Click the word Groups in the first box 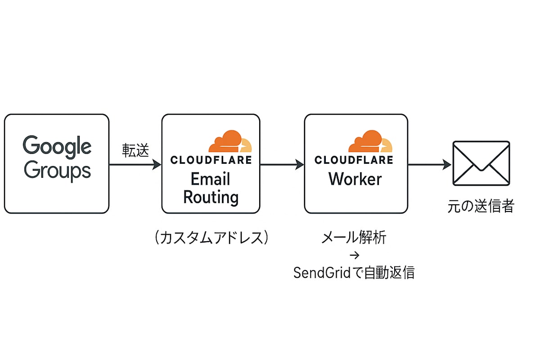tap(57, 171)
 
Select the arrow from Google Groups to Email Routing tap(135, 165)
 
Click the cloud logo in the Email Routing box tap(230, 141)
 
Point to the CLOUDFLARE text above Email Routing tap(211, 160)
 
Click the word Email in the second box tap(211, 179)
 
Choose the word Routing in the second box tap(211, 197)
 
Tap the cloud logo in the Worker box tap(370, 141)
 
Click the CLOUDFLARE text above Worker tap(354, 160)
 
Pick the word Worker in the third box tap(355, 179)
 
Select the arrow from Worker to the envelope tap(430, 165)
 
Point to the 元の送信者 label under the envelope tap(481, 207)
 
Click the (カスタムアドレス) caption tap(211, 237)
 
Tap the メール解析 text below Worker tap(354, 238)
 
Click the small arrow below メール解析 tap(354, 256)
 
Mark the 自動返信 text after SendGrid tap(389, 273)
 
